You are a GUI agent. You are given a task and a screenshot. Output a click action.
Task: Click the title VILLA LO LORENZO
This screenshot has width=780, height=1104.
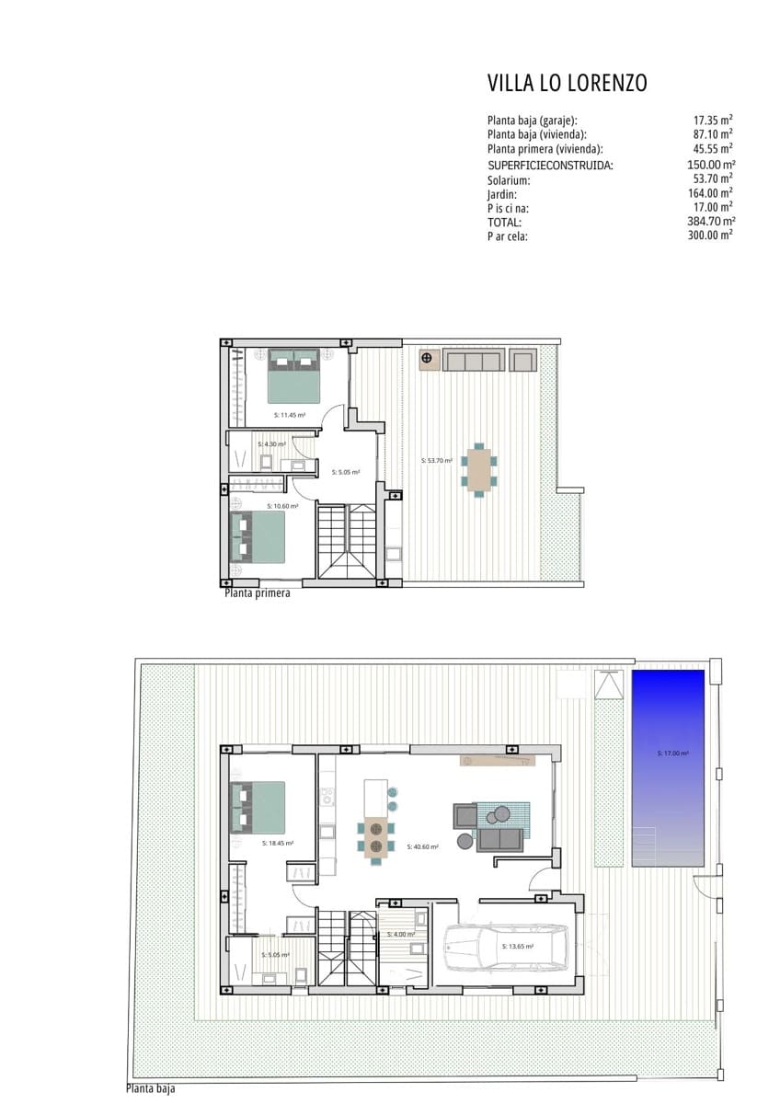pos(567,84)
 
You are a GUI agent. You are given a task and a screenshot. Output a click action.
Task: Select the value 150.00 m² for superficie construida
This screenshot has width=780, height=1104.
pos(712,166)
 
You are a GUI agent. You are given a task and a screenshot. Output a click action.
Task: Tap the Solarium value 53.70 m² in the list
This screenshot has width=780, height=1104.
pos(714,179)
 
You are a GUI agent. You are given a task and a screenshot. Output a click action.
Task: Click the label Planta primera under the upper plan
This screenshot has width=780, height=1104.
pos(258,593)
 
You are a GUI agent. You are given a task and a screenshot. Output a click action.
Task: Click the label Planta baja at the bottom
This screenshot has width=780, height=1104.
pos(150,1089)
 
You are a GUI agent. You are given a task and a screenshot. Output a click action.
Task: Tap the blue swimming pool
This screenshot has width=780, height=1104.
pos(668,767)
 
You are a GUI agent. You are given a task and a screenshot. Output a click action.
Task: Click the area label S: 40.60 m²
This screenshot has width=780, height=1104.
pos(424,846)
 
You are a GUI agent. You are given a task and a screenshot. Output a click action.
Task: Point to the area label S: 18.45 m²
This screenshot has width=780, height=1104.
pos(278,843)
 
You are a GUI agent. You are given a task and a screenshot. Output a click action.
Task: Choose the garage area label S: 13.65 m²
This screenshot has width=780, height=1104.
pos(519,946)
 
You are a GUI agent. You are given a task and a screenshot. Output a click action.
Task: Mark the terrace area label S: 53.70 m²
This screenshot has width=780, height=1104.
pos(437,460)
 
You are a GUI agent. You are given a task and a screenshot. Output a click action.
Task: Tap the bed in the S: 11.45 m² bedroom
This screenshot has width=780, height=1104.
pos(293,375)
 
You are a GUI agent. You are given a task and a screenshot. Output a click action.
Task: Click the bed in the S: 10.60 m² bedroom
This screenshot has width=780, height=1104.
pos(258,537)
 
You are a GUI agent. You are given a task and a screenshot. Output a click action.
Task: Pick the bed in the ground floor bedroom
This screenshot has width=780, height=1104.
pos(258,808)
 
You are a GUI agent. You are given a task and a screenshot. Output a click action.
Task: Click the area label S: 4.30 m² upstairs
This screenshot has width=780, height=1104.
pos(272,443)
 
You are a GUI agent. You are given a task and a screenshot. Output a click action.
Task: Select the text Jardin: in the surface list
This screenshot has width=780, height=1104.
pos(502,194)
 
